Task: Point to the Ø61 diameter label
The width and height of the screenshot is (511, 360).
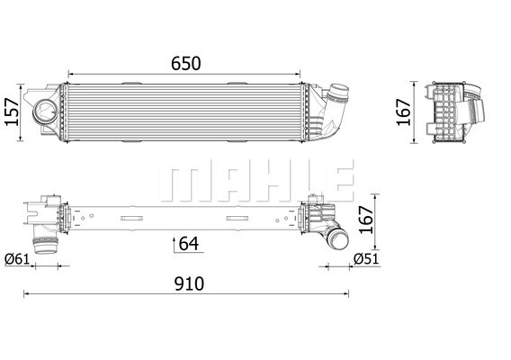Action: pyautogui.click(x=18, y=259)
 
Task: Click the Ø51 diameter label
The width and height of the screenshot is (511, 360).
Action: pyautogui.click(x=365, y=259)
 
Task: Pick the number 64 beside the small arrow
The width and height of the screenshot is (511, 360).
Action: pyautogui.click(x=189, y=242)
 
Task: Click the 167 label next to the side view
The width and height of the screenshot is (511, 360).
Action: pyautogui.click(x=405, y=112)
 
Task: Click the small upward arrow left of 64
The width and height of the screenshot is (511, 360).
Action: pyautogui.click(x=173, y=243)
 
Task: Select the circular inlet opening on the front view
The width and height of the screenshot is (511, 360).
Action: pyautogui.click(x=44, y=112)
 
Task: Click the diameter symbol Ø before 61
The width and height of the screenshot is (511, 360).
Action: pyautogui.click(x=10, y=259)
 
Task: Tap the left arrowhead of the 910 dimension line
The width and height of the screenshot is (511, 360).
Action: pyautogui.click(x=25, y=293)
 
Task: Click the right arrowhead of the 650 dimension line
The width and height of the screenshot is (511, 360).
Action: pyautogui.click(x=302, y=75)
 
